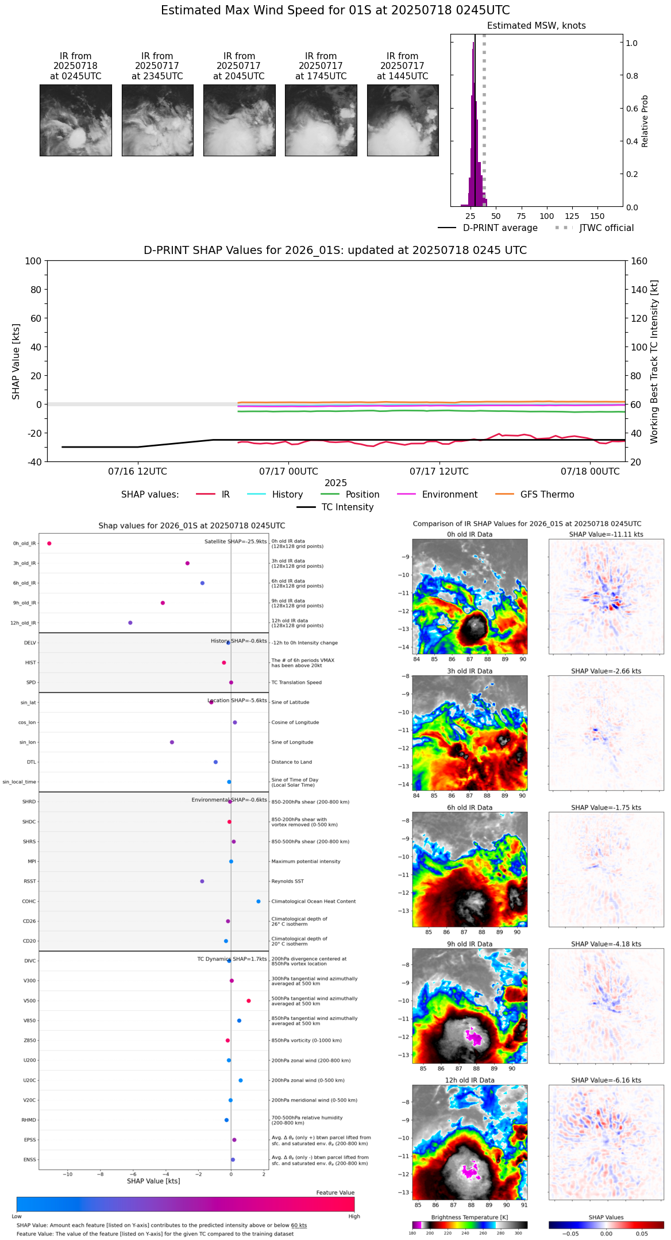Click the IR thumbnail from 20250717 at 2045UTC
coord(239,120)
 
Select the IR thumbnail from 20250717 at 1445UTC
coord(403,120)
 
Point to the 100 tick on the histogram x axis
coord(546,217)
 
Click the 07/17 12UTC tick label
coord(439,472)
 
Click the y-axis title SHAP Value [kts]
coord(16,361)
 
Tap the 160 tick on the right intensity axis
coord(639,261)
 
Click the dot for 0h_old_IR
coord(49,544)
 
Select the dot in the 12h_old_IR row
coord(130,623)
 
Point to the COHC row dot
coord(259,902)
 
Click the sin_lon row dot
coord(172,742)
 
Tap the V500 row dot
coord(249,1001)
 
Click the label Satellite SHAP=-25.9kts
coord(236,542)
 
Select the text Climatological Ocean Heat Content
coord(313,902)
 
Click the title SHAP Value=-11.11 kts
coord(606,534)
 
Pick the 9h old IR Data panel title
coord(469,944)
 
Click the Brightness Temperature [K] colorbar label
coord(469,1217)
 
